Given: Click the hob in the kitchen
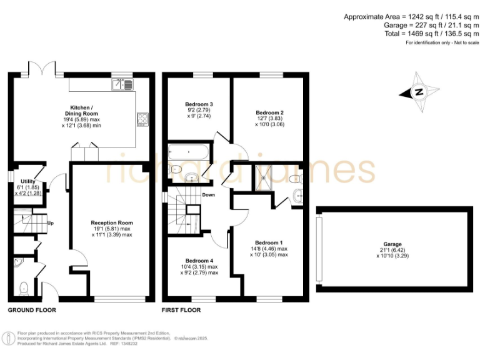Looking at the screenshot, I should (143, 118).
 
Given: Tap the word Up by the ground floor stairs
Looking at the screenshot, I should (51, 222).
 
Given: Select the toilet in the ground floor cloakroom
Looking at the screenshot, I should (23, 287).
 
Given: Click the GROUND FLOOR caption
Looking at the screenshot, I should (32, 310).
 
